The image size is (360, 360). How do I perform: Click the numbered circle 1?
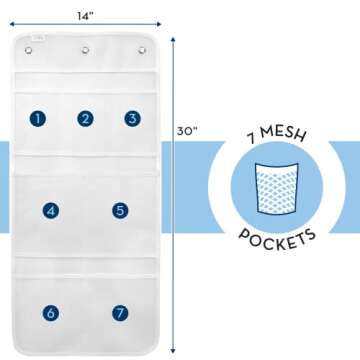coord(38,118)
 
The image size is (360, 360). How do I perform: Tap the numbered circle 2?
coord(86,118)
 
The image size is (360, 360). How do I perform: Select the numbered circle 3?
coord(132,118)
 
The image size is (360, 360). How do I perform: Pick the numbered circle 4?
coord(49,211)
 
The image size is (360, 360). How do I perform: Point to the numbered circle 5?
coord(120,211)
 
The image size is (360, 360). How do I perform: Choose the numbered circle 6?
coord(49,313)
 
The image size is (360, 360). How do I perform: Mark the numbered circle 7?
coord(120,313)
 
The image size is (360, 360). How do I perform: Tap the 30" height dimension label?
coord(186,130)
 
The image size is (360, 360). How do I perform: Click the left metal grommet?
coord(39,48)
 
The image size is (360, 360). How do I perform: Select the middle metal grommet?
coord(87,48)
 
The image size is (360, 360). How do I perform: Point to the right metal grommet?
coord(134,48)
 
